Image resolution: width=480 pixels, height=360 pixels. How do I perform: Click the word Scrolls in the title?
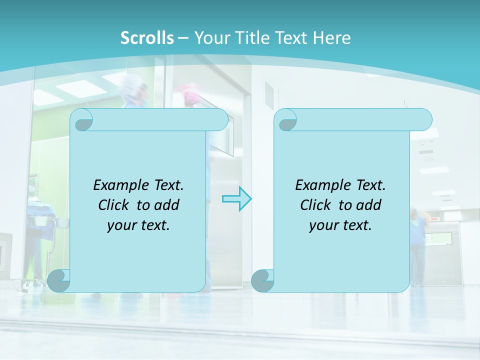pyautogui.click(x=147, y=38)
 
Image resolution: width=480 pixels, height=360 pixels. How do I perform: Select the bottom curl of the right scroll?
pyautogui.click(x=262, y=280)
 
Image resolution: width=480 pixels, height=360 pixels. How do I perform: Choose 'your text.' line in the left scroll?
pyautogui.click(x=138, y=225)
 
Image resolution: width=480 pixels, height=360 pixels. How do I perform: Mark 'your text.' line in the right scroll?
pyautogui.click(x=340, y=225)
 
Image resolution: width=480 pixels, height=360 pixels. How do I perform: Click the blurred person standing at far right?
pyautogui.click(x=418, y=245)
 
